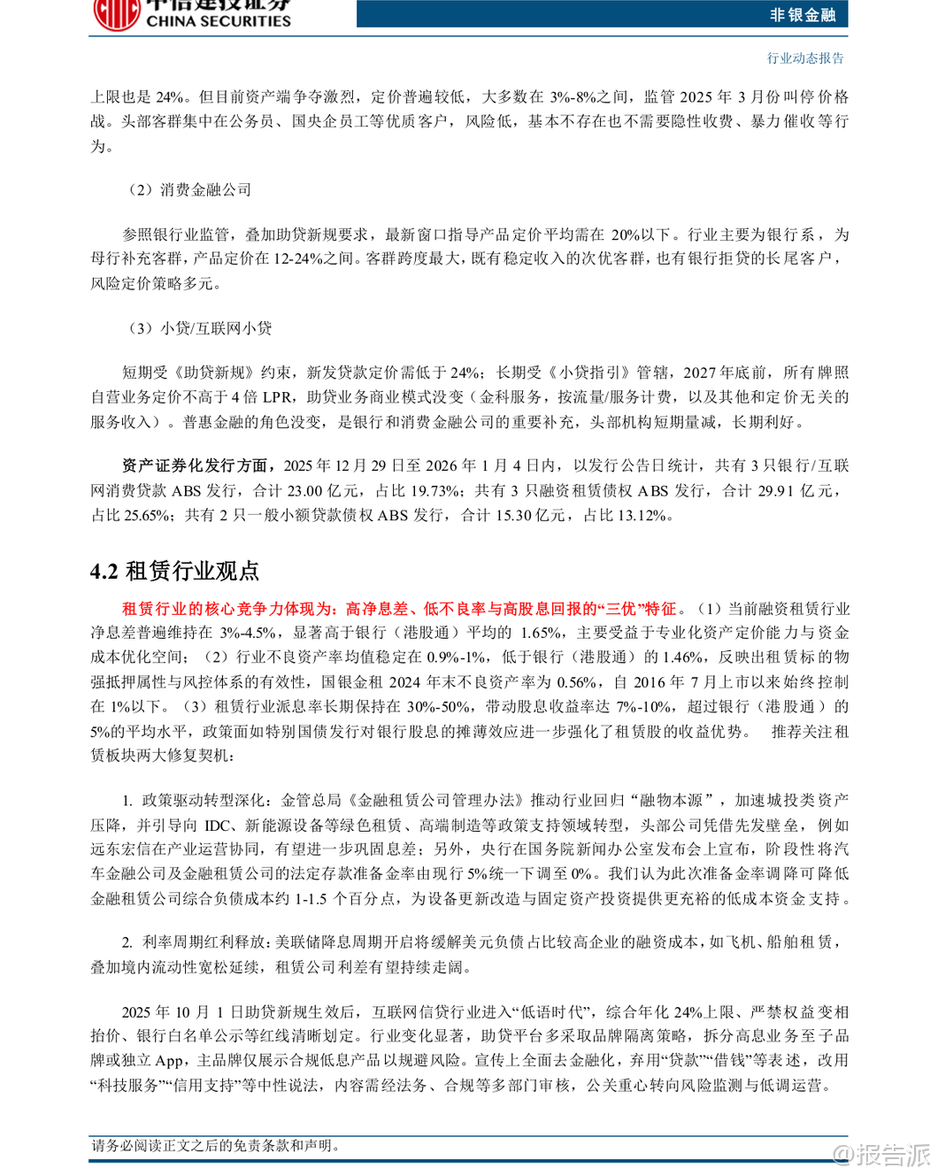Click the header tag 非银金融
(x=802, y=14)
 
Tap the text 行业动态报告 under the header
(x=805, y=58)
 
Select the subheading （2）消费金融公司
(x=189, y=189)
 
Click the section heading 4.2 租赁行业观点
(x=175, y=571)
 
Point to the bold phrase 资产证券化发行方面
(x=195, y=465)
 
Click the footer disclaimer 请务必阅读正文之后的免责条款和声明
(x=216, y=1146)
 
